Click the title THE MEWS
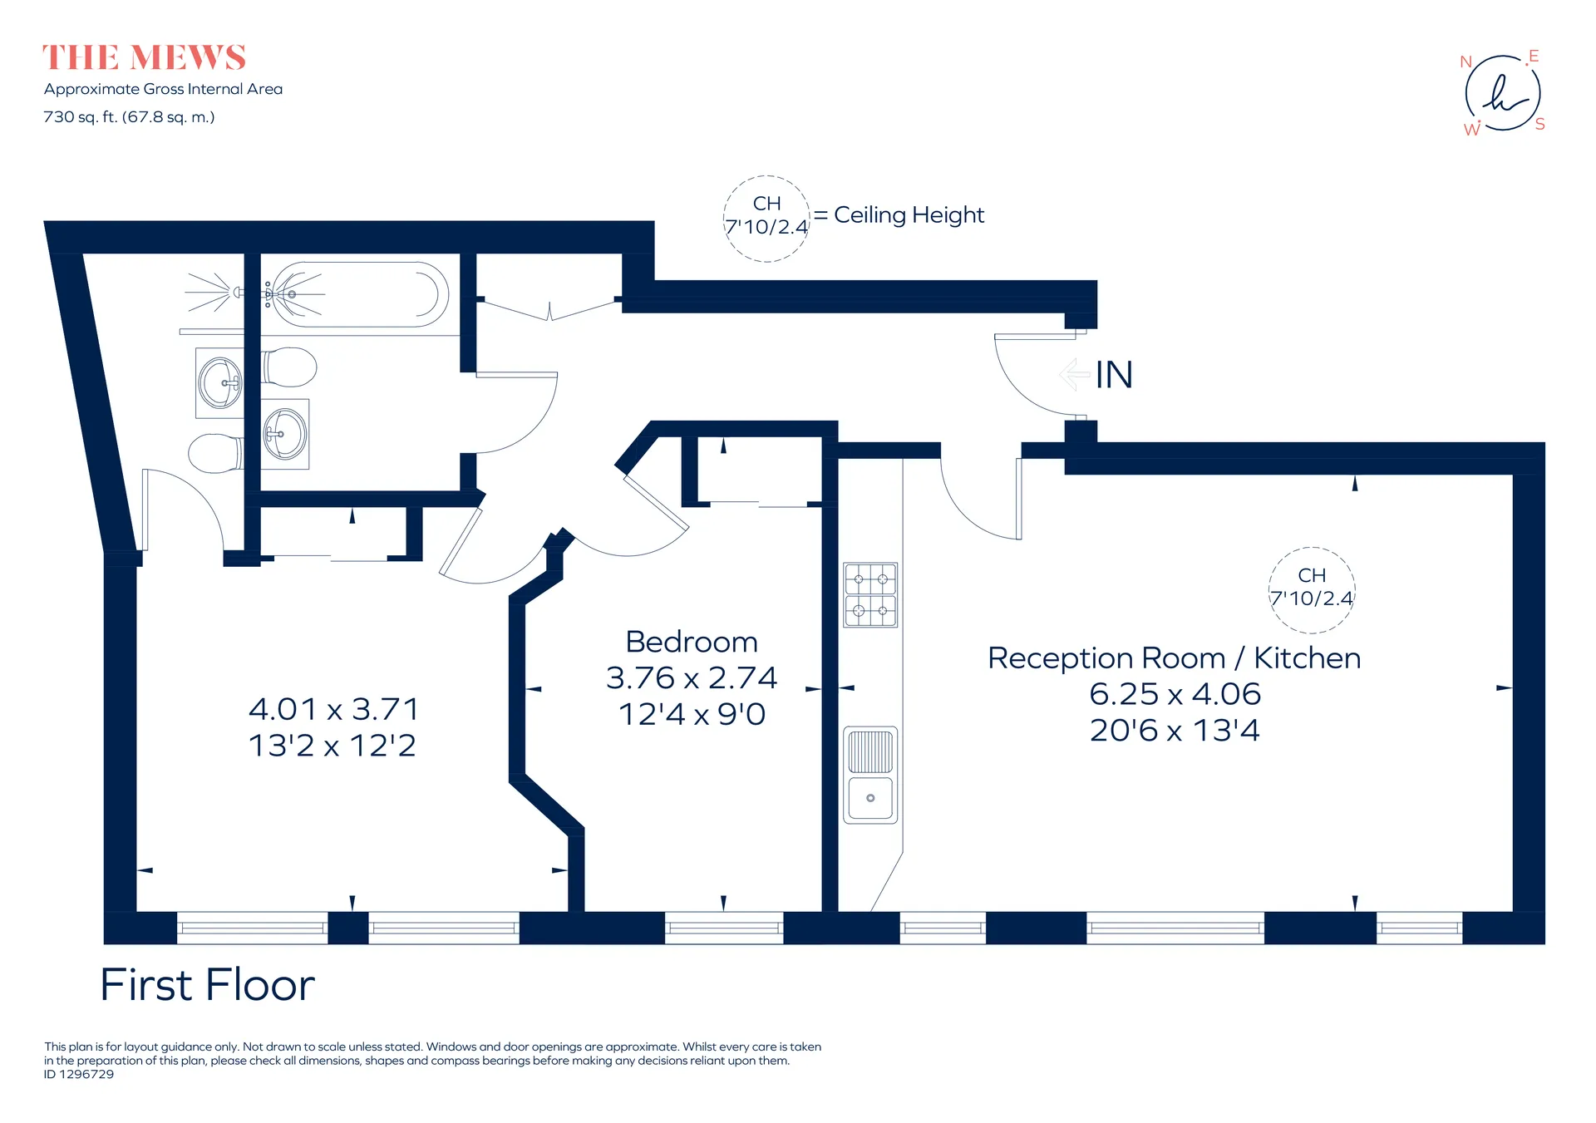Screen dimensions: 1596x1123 tap(144, 58)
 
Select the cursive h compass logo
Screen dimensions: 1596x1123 tap(1503, 93)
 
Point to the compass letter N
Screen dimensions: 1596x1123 tap(1466, 62)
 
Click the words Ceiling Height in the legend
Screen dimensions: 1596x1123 tap(909, 215)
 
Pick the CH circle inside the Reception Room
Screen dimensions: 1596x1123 tap(1312, 589)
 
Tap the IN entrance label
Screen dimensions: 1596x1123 tap(1114, 375)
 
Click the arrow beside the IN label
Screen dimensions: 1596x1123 tap(1075, 374)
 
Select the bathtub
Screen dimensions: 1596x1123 tap(358, 294)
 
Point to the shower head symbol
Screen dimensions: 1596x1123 tap(213, 292)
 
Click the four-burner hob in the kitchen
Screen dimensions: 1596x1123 tap(870, 594)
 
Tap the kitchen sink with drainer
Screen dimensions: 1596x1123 tap(870, 775)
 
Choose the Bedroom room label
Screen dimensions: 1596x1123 tap(692, 642)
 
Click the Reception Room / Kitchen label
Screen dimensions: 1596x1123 tap(1174, 658)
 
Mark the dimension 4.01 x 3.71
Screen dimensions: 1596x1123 tap(333, 709)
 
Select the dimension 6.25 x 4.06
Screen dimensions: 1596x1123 tap(1175, 694)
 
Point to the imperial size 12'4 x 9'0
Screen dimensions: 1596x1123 tap(692, 714)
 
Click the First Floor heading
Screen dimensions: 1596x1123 tap(208, 985)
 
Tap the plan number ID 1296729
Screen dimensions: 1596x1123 tap(79, 1074)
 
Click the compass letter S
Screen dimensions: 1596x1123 tap(1539, 125)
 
